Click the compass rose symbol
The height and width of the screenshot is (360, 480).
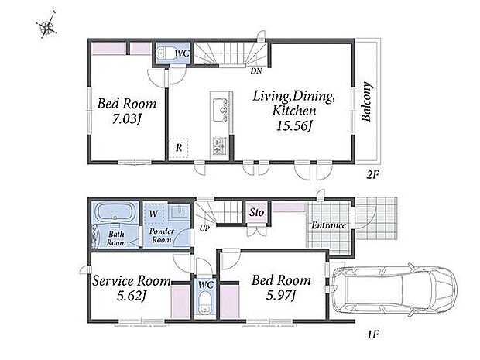[46, 26]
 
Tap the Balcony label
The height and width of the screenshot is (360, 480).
[366, 101]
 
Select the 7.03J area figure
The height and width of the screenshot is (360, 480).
[126, 119]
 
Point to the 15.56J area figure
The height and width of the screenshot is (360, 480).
[294, 125]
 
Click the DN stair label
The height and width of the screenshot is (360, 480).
[256, 71]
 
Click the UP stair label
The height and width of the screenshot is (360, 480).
[204, 228]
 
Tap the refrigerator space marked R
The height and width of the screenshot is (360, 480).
[179, 148]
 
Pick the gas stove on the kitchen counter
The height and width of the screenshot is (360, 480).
[219, 146]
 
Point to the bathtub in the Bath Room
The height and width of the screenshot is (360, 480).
[115, 212]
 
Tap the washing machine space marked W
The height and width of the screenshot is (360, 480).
[153, 213]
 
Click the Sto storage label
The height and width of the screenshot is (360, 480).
[256, 212]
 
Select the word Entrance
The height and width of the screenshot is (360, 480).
[328, 225]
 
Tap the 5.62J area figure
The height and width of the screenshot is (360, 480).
[132, 296]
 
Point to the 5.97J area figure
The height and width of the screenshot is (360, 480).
[280, 295]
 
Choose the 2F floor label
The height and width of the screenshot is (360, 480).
[373, 175]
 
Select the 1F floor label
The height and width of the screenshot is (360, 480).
[373, 334]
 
